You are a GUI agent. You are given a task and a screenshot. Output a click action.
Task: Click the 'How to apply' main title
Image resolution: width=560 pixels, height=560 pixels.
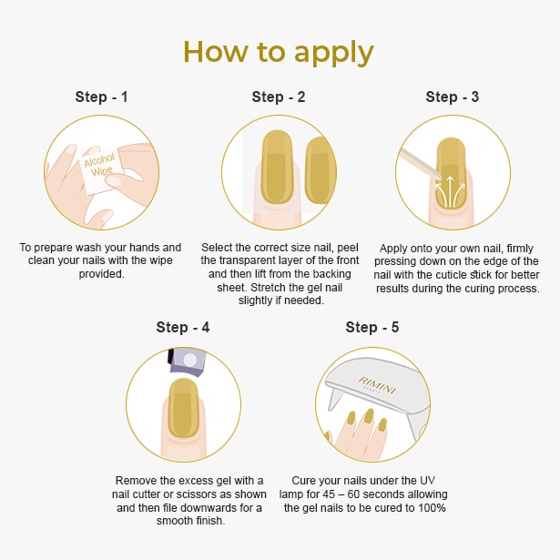pyautogui.click(x=279, y=51)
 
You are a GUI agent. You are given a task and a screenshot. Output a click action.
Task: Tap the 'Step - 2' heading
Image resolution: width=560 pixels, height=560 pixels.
pyautogui.click(x=279, y=97)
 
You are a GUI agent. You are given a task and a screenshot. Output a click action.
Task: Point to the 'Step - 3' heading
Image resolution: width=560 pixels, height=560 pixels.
pyautogui.click(x=453, y=97)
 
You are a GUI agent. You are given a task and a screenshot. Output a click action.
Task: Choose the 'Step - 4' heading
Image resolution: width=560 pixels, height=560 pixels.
pyautogui.click(x=183, y=327)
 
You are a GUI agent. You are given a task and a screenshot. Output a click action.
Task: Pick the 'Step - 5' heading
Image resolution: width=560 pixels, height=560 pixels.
pyautogui.click(x=372, y=327)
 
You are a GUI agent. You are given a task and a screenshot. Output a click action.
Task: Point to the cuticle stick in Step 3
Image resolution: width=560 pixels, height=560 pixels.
pyautogui.click(x=420, y=156)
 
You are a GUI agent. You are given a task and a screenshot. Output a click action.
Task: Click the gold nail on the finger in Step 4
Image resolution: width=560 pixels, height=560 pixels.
pyautogui.click(x=183, y=408)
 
